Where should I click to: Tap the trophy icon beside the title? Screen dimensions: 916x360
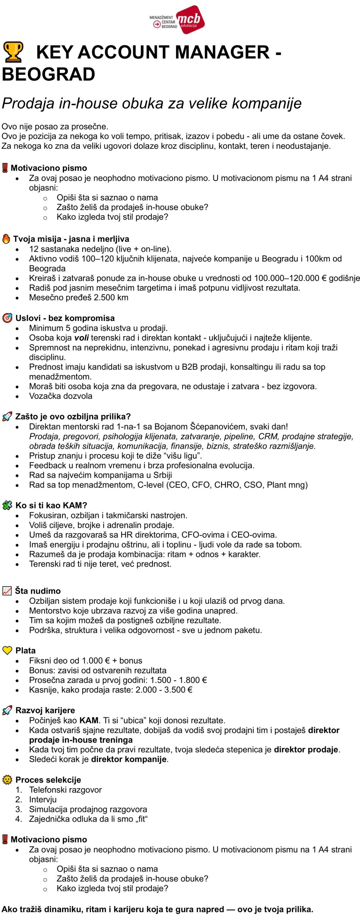pyautogui.click(x=13, y=52)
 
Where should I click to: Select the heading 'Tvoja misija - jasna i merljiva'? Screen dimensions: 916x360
pyautogui.click(x=71, y=239)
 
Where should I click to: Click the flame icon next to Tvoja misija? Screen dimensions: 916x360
pyautogui.click(x=6, y=239)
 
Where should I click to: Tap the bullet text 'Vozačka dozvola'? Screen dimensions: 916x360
pyautogui.click(x=61, y=396)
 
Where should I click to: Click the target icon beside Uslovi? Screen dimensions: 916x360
pyautogui.click(x=7, y=318)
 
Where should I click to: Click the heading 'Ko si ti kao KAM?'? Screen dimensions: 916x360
pyautogui.click(x=51, y=505)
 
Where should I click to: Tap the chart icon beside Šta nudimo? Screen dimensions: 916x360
pyautogui.click(x=7, y=591)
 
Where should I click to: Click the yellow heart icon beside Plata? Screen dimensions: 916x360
pyautogui.click(x=7, y=650)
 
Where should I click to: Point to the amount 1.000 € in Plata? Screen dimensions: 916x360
pyautogui.click(x=96, y=660)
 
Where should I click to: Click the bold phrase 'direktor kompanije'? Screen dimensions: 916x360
pyautogui.click(x=129, y=759)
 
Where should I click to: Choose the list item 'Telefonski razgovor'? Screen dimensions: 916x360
pyautogui.click(x=65, y=789)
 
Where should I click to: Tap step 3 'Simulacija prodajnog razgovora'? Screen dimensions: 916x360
pyautogui.click(x=88, y=809)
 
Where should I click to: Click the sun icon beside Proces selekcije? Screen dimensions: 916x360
pyautogui.click(x=7, y=780)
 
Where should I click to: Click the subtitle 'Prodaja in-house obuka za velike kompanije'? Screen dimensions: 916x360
pyautogui.click(x=151, y=103)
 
